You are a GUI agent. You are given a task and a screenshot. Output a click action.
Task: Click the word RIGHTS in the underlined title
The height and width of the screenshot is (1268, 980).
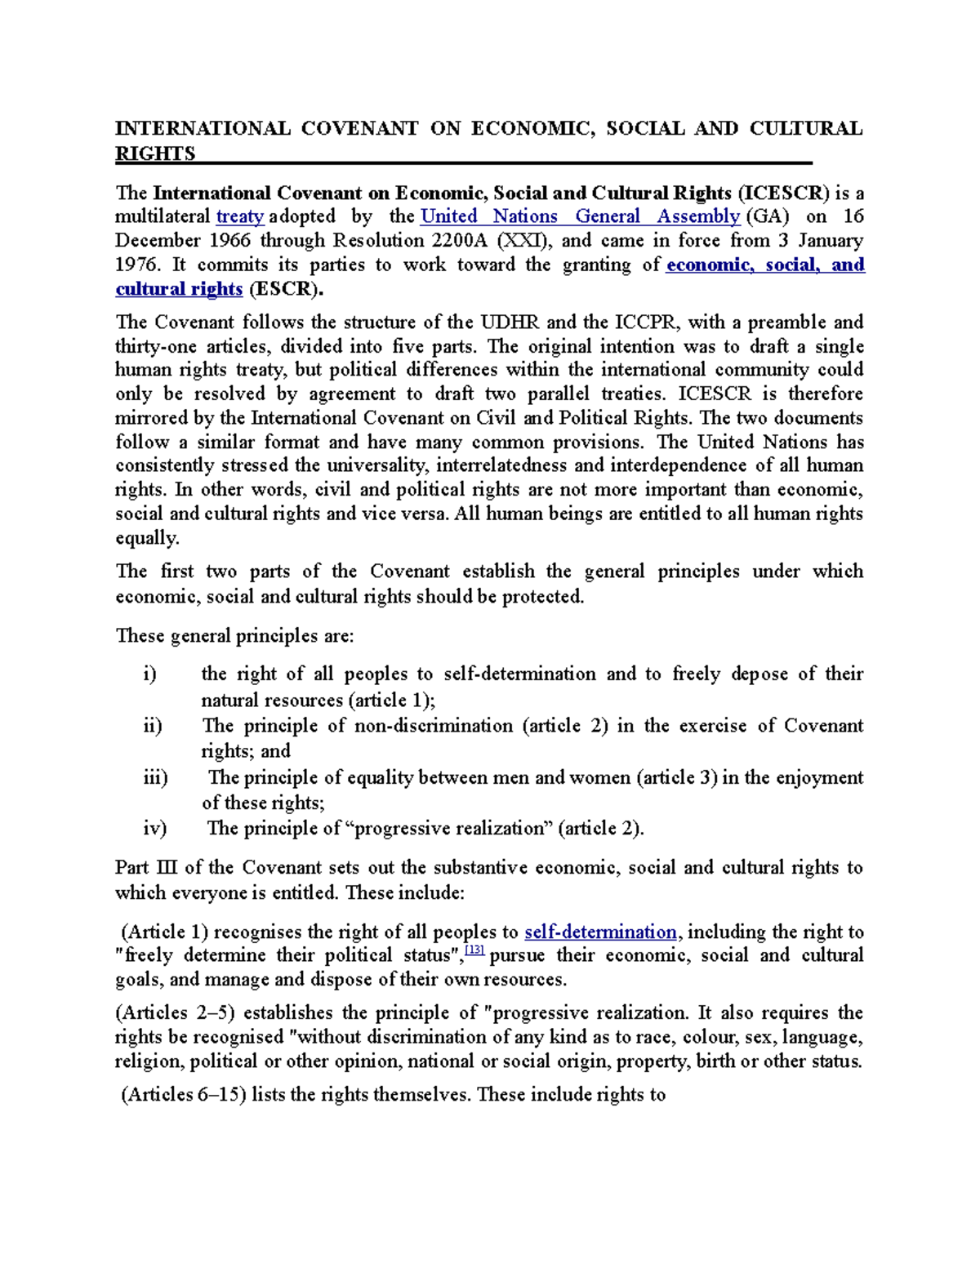(x=155, y=153)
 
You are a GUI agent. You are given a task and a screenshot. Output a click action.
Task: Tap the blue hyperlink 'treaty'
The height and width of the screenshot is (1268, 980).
(x=239, y=216)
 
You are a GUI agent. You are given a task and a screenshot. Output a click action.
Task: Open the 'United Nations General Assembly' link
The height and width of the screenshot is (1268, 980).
(x=580, y=216)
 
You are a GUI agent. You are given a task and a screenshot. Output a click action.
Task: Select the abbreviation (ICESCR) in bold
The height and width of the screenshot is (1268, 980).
(x=783, y=193)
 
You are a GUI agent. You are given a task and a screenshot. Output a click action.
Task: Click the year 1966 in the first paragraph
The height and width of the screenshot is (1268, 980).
(x=231, y=241)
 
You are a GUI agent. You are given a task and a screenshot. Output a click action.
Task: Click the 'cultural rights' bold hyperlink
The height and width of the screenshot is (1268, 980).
(x=179, y=289)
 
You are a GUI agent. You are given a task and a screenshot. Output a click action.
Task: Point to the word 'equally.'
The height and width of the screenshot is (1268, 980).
(x=147, y=538)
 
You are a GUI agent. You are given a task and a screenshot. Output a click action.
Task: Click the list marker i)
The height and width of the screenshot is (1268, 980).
(x=149, y=674)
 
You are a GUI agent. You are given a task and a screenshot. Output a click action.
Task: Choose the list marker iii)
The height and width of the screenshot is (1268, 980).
(x=155, y=777)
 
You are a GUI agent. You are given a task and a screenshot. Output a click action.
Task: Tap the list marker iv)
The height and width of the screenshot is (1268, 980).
(x=154, y=828)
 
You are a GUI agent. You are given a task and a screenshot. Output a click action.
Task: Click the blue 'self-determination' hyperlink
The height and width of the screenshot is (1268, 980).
(x=600, y=932)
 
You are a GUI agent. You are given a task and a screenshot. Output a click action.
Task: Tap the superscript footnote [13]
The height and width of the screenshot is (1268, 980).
(x=474, y=951)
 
